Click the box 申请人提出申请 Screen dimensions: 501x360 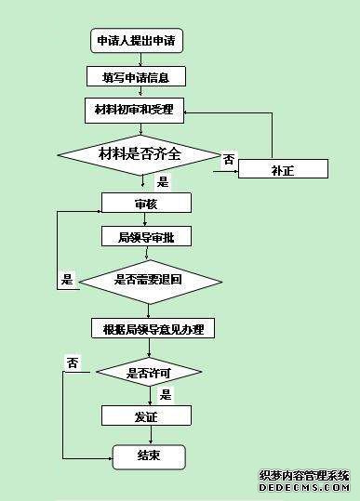tap(136, 41)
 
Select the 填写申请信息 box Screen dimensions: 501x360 tap(136, 75)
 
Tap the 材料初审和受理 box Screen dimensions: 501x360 tap(136, 110)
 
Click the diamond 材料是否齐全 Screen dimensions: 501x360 tap(140, 152)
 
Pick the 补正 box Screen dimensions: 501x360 tap(283, 169)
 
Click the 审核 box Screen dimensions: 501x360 tap(146, 203)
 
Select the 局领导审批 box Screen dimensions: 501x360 tap(146, 236)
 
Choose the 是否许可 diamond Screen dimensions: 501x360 tap(149, 374)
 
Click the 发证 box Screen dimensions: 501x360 tap(145, 415)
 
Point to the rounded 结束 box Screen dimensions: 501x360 tap(149, 455)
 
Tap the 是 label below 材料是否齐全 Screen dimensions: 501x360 tap(163, 182)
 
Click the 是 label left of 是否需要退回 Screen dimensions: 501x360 tap(67, 279)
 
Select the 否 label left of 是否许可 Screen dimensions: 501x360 tap(72, 362)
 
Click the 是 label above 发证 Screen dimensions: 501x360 tap(166, 394)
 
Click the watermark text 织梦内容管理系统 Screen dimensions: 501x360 tap(303, 474)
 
